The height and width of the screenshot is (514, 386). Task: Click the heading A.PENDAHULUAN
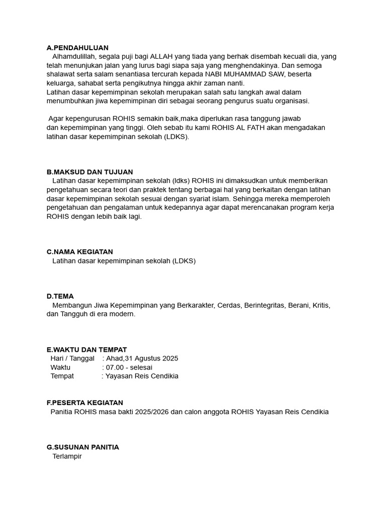(x=77, y=48)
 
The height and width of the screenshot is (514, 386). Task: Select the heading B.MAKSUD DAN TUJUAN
(x=89, y=172)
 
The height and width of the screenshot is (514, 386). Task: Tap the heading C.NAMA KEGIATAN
(x=79, y=251)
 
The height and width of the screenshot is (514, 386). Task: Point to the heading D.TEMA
(x=60, y=296)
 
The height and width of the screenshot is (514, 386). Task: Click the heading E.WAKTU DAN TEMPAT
(x=86, y=349)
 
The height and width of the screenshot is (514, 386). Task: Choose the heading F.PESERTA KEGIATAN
(x=84, y=403)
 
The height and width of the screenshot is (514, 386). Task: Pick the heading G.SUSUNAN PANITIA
(x=82, y=447)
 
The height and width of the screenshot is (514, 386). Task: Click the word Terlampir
(x=67, y=456)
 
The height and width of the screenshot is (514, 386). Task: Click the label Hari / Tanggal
(x=72, y=358)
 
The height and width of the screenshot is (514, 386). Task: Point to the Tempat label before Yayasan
(x=62, y=376)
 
